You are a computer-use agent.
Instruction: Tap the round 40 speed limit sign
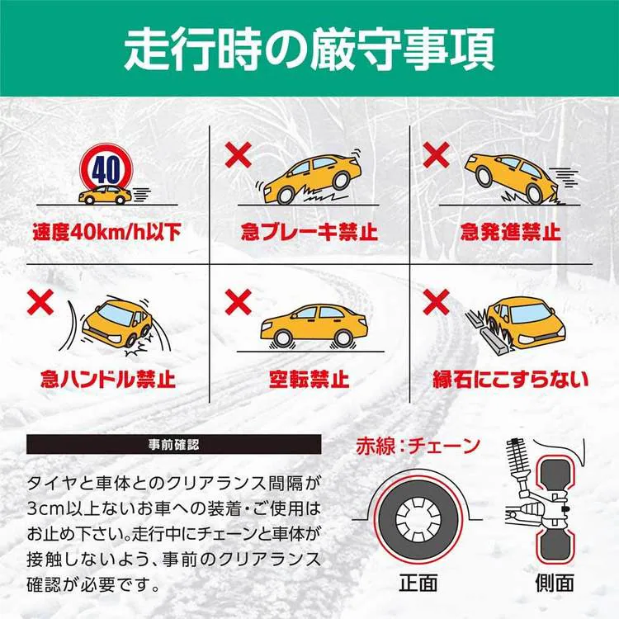pos(106,171)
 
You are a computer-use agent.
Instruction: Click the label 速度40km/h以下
pos(106,231)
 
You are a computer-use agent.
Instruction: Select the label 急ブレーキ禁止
pos(309,231)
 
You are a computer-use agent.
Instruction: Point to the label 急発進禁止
pos(510,231)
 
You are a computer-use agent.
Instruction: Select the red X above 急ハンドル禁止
pos(39,301)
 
